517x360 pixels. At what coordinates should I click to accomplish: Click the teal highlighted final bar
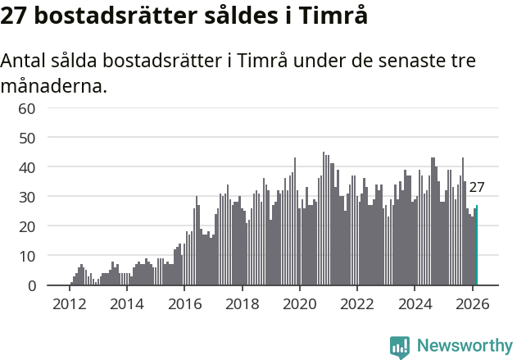click(x=477, y=246)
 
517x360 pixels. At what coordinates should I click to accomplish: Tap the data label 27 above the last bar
click(x=477, y=187)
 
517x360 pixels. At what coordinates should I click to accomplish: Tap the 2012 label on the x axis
click(x=69, y=303)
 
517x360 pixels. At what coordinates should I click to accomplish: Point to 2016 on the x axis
click(x=184, y=303)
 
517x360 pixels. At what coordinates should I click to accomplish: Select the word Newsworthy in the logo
click(x=464, y=346)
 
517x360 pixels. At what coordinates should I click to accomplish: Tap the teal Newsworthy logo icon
click(x=400, y=347)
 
